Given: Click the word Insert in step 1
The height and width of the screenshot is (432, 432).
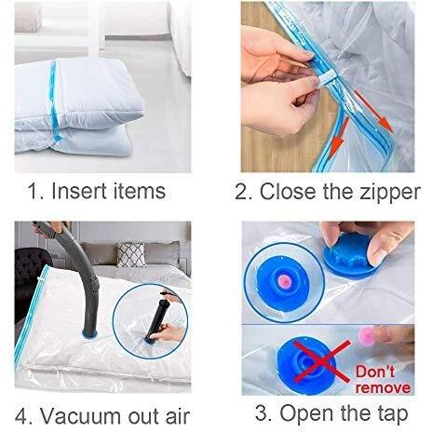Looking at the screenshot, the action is point(79,191).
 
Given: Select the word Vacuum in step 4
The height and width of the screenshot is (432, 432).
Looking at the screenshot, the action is point(81,415).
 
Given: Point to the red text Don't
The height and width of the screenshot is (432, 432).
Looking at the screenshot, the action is point(375,371).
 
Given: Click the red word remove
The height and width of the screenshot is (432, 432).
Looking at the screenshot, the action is point(383,387).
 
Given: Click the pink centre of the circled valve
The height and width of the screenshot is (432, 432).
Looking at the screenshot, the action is point(283,281).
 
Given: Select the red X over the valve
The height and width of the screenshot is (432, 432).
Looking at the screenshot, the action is point(322,361).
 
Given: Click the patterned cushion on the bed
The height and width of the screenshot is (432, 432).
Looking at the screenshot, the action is point(131,255).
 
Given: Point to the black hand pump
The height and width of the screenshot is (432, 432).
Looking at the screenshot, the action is point(159,319).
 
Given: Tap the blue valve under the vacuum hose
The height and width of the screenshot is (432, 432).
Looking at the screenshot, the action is point(89,333).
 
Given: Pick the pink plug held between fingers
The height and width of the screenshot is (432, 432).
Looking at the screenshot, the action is point(366,335).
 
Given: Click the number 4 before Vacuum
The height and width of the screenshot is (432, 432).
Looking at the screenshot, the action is point(21,415).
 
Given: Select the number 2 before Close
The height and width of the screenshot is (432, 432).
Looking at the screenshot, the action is point(242,191).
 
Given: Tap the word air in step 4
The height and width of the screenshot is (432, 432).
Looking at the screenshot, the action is point(177,415).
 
